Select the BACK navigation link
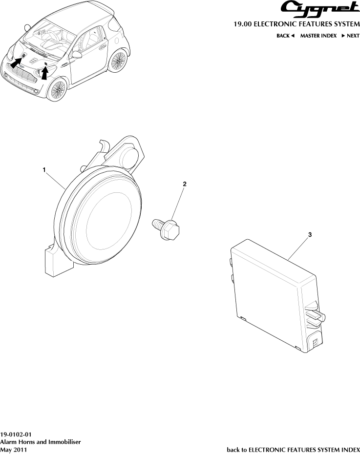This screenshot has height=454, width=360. (x=286, y=36)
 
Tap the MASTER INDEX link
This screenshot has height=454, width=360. (x=318, y=36)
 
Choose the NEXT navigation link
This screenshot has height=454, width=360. (x=350, y=36)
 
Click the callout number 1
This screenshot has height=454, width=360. (x=44, y=170)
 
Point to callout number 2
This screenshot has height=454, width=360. (x=185, y=184)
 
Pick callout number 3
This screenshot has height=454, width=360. (x=310, y=234)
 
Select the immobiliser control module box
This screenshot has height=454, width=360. (x=276, y=294)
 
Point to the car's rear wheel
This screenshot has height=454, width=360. (x=118, y=61)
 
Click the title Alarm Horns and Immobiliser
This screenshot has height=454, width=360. (x=40, y=442)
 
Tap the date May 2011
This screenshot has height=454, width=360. (x=13, y=450)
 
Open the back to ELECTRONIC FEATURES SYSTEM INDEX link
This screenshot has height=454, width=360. (x=293, y=450)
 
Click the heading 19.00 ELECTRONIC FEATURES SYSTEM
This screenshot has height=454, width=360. (x=296, y=24)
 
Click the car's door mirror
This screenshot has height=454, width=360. (x=77, y=55)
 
